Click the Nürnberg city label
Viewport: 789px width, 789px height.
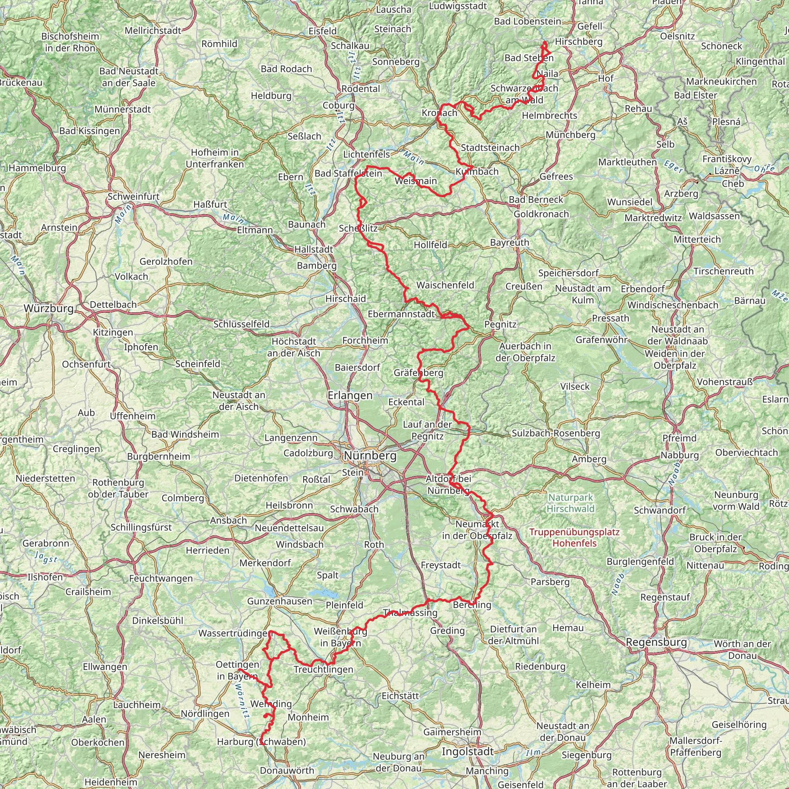370,455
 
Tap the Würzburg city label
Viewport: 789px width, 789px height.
48,308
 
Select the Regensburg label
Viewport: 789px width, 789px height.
656,642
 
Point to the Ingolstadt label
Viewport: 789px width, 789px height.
468,751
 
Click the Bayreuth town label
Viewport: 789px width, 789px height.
510,243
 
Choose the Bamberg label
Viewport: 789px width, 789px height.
317,266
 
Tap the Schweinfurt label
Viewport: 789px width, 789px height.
134,196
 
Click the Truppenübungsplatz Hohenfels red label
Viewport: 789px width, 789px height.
574,537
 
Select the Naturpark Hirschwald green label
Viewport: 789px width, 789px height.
571,503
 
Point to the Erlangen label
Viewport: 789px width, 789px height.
350,395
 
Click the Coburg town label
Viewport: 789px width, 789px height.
339,105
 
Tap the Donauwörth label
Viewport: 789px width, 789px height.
287,770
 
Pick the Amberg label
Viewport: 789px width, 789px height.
589,459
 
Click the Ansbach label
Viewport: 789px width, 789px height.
228,520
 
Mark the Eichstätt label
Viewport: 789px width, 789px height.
400,695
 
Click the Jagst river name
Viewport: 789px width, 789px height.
46,557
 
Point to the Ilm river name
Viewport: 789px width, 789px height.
533,753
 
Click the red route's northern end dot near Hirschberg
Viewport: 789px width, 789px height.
544,43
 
